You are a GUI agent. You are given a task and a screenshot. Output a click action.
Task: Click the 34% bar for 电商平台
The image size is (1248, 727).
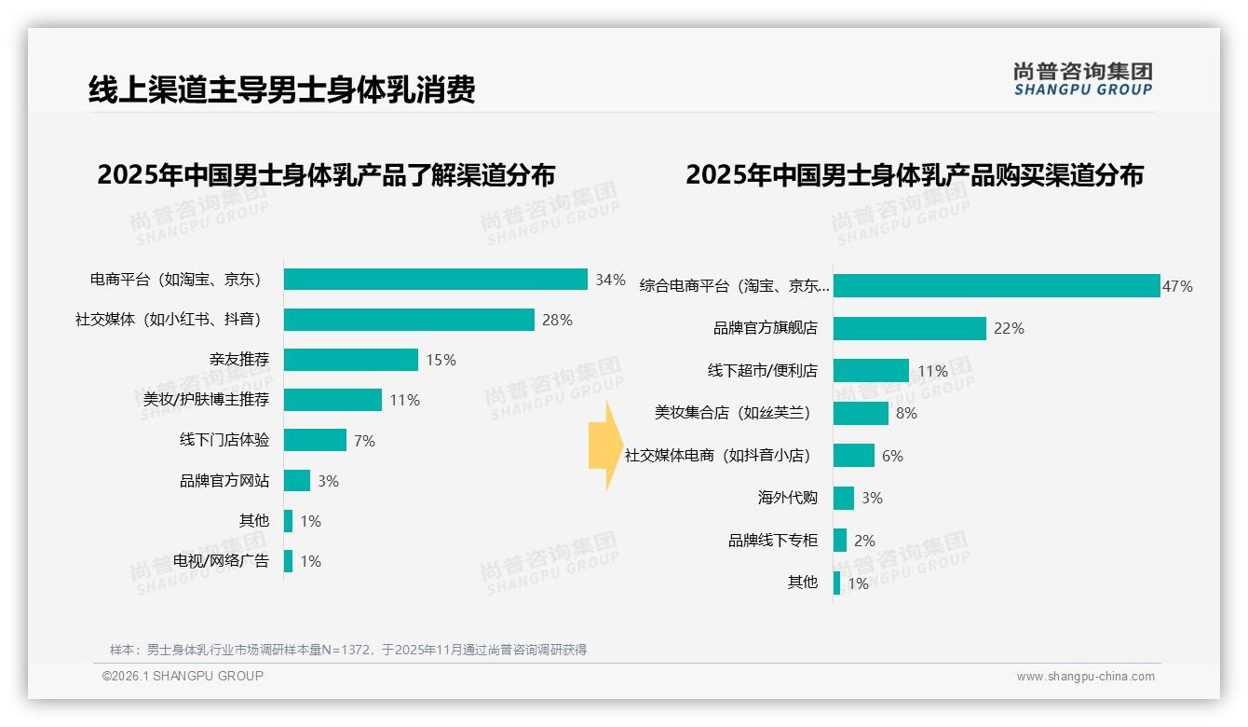[x=435, y=280]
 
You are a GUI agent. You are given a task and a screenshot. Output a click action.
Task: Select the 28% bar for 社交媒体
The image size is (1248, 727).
[x=409, y=320]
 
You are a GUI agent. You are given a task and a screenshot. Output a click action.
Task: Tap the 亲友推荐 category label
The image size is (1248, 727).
[x=239, y=360]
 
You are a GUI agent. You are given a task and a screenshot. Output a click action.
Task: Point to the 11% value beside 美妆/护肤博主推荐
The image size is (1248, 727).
[x=405, y=400]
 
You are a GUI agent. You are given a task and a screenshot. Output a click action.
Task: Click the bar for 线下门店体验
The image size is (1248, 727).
[x=315, y=440]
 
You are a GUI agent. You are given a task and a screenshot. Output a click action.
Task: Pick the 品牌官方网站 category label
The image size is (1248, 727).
[x=224, y=481]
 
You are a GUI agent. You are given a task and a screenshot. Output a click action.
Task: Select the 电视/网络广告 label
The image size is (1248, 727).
[x=221, y=561]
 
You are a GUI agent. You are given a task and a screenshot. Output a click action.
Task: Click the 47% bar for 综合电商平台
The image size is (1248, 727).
[x=996, y=286]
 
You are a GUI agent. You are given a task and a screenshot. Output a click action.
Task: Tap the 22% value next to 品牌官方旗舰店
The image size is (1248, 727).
[x=1009, y=328]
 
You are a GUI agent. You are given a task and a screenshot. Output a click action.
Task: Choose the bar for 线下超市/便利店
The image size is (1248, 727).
[x=871, y=370]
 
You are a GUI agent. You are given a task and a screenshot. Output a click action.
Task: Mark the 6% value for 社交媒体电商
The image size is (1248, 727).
[x=892, y=456]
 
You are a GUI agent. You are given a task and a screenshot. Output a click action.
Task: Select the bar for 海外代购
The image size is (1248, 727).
[x=844, y=498]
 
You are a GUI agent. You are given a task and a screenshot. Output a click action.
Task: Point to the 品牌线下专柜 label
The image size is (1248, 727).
[x=773, y=541]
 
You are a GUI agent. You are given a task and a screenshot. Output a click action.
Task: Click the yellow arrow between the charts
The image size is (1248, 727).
[x=604, y=446]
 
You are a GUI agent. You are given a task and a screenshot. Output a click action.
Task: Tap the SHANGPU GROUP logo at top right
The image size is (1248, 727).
[x=1082, y=79]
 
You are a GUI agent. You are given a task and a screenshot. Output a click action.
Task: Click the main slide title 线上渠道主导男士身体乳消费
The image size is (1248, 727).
[x=281, y=89]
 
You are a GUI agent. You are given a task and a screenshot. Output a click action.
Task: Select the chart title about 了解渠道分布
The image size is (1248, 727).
[x=326, y=175]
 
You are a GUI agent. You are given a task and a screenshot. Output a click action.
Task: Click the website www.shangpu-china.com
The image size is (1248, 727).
[x=1085, y=677]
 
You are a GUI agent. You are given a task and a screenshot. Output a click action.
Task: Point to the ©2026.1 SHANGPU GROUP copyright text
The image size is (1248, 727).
[x=183, y=676]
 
